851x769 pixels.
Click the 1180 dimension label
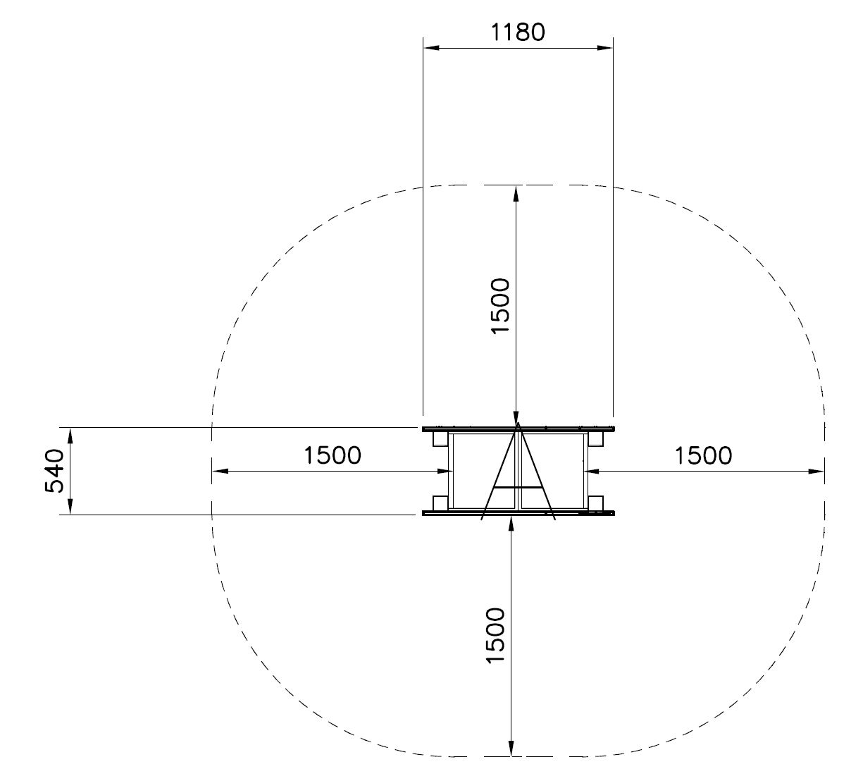click(x=518, y=32)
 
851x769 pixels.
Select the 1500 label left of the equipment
click(x=333, y=455)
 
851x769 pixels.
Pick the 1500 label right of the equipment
click(x=703, y=455)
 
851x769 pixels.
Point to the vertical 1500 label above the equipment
click(x=500, y=306)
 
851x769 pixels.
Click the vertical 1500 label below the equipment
click(x=495, y=636)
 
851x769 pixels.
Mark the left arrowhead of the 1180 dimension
click(x=431, y=48)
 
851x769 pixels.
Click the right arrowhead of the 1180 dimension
click(x=604, y=48)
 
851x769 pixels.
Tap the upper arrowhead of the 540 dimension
click(x=70, y=436)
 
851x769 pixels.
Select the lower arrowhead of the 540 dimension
click(x=70, y=507)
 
